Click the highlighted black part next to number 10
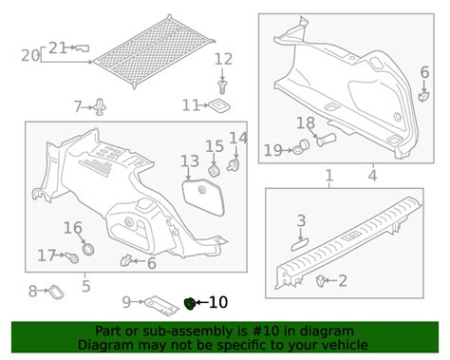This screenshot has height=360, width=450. coord(189,304)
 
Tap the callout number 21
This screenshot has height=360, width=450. coord(58,48)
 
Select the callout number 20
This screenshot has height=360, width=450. coord(30,56)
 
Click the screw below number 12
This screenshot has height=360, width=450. coord(222,86)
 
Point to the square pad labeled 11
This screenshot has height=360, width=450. coord(219,105)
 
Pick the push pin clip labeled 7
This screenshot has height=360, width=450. coord(100,107)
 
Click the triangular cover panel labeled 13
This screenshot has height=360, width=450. coord(204,197)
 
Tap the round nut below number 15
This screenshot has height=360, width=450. coord(214,171)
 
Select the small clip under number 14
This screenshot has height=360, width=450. coord(234,165)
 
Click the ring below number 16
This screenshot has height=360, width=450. coord(88,249)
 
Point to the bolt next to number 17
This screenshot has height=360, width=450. coord(73,257)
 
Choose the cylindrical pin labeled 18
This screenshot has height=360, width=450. coord(326,140)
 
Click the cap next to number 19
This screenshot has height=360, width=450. coord(301,147)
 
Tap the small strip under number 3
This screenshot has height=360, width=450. coord(301,245)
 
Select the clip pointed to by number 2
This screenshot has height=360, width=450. coord(321,281)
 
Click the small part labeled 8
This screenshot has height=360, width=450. coord(56,292)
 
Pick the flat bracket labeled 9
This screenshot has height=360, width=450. coord(161,306)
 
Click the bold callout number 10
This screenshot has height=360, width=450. coord(218,302)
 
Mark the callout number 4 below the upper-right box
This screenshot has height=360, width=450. coord(373,176)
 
